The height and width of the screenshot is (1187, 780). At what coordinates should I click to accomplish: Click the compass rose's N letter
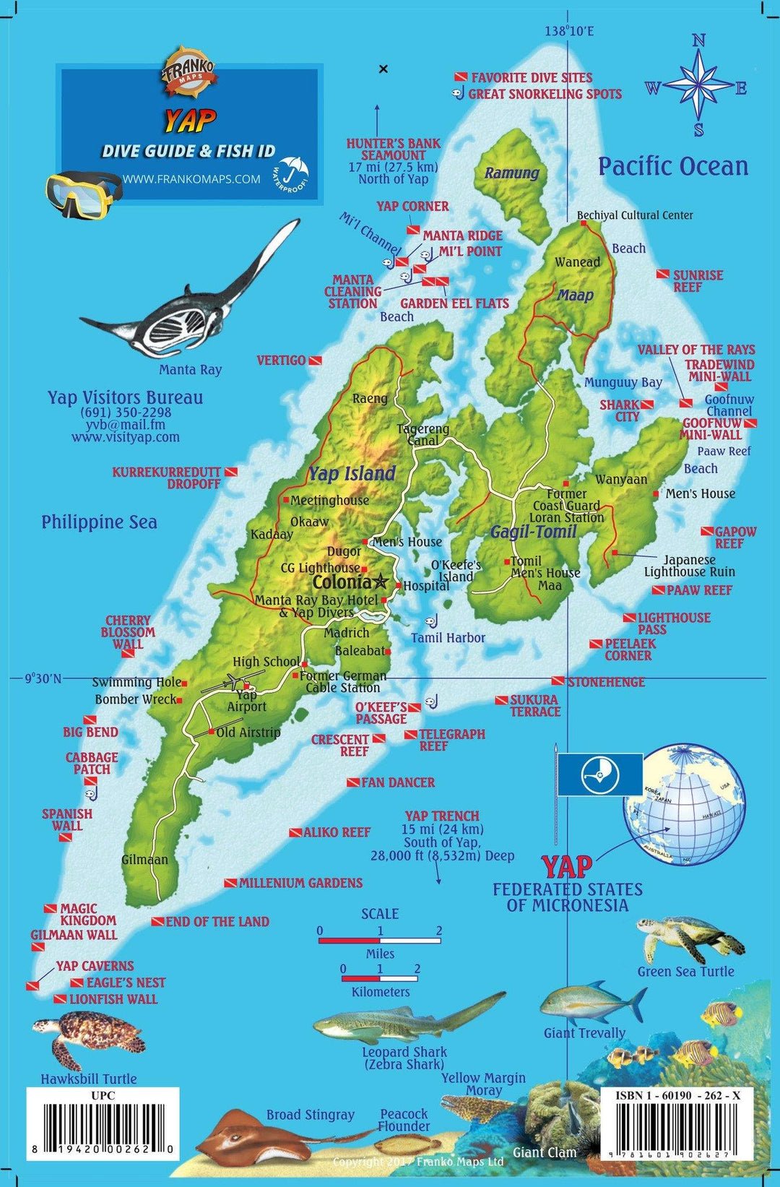coord(698,41)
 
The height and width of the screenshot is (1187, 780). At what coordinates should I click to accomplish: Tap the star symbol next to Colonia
coord(381,581)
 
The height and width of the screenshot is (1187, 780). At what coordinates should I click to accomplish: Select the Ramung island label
coord(511,173)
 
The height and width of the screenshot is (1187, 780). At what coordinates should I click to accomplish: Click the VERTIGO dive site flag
coord(315,361)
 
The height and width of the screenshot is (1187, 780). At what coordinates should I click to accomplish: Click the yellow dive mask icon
coord(81,191)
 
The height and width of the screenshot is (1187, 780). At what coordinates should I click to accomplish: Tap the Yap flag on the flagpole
coord(599,774)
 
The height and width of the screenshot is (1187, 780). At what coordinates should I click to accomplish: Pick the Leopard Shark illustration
coord(404,1019)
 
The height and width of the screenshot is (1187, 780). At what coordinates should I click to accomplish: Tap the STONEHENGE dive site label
coord(605,682)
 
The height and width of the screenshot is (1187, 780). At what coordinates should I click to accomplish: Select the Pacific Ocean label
coord(672,166)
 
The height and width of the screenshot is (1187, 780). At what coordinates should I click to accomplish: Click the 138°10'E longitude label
coord(569,31)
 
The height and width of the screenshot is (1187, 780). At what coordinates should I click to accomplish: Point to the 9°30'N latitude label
coord(43,678)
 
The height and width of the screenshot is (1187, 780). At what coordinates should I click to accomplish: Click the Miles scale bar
coord(380,941)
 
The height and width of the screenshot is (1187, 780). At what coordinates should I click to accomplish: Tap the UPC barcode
coord(103,1129)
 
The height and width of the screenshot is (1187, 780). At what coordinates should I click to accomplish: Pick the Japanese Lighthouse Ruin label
coord(689,566)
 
